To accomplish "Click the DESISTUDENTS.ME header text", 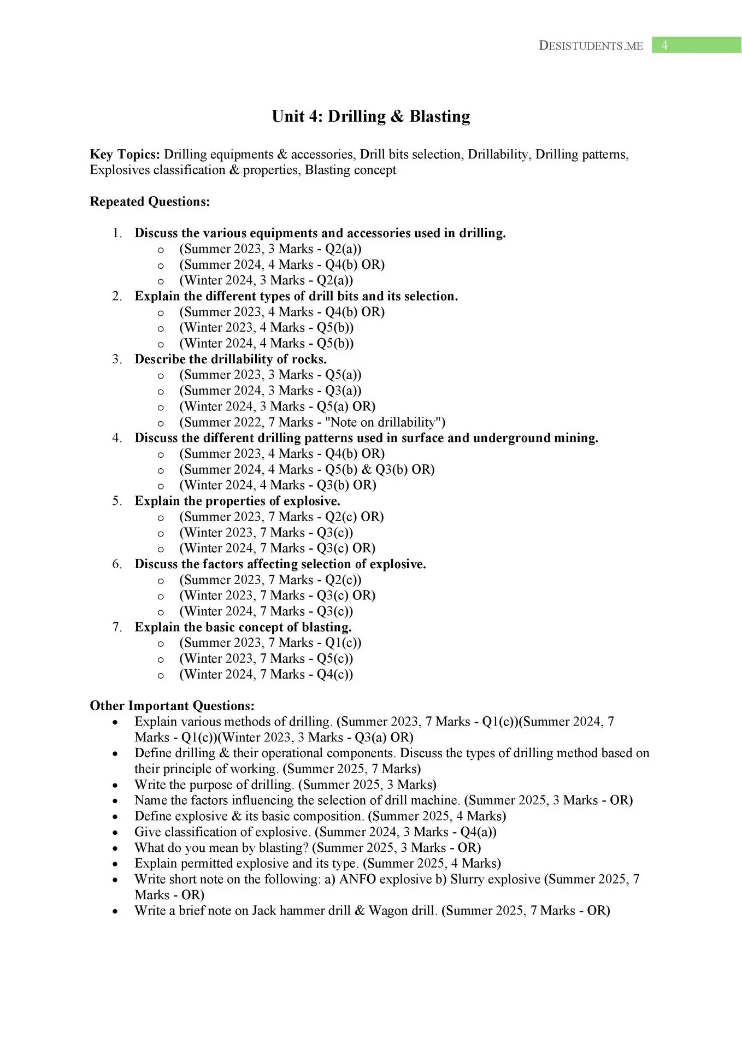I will point(591,46).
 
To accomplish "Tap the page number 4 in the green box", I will point(664,45).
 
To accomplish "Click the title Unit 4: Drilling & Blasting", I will point(371,116).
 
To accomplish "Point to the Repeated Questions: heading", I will point(150,202).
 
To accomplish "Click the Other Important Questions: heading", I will point(172,706).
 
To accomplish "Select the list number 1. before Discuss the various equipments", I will point(117,233).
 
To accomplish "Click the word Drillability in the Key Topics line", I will point(498,155).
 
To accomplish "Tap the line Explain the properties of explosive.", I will point(237,501).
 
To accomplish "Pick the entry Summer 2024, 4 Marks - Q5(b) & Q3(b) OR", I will point(307,470).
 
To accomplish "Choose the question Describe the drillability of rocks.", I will point(231,360).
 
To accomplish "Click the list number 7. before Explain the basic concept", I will point(117,627).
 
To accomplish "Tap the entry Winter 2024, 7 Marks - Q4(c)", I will point(266,675).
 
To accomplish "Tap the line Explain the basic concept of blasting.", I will point(243,627).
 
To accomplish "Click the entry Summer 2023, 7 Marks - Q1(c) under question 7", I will point(270,643).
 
